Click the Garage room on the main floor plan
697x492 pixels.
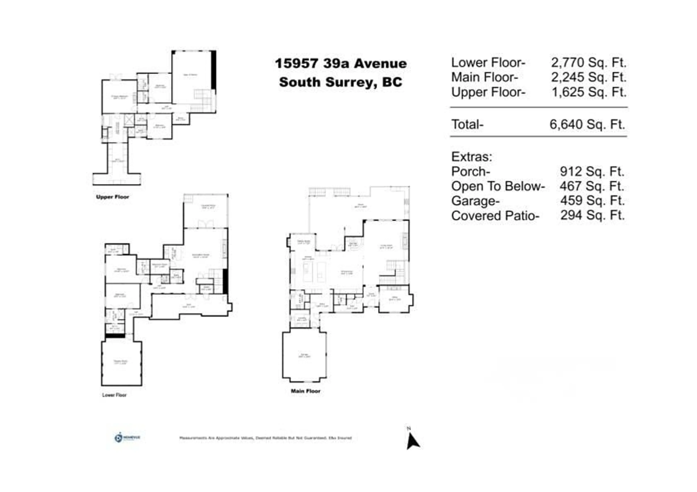pos(304,355)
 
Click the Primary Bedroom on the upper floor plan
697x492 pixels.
pos(119,97)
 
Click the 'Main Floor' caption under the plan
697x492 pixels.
pos(305,391)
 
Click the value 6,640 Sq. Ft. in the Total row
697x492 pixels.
pos(587,125)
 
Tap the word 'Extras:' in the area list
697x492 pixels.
pos(471,157)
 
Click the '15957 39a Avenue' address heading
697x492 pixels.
pos(341,64)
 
